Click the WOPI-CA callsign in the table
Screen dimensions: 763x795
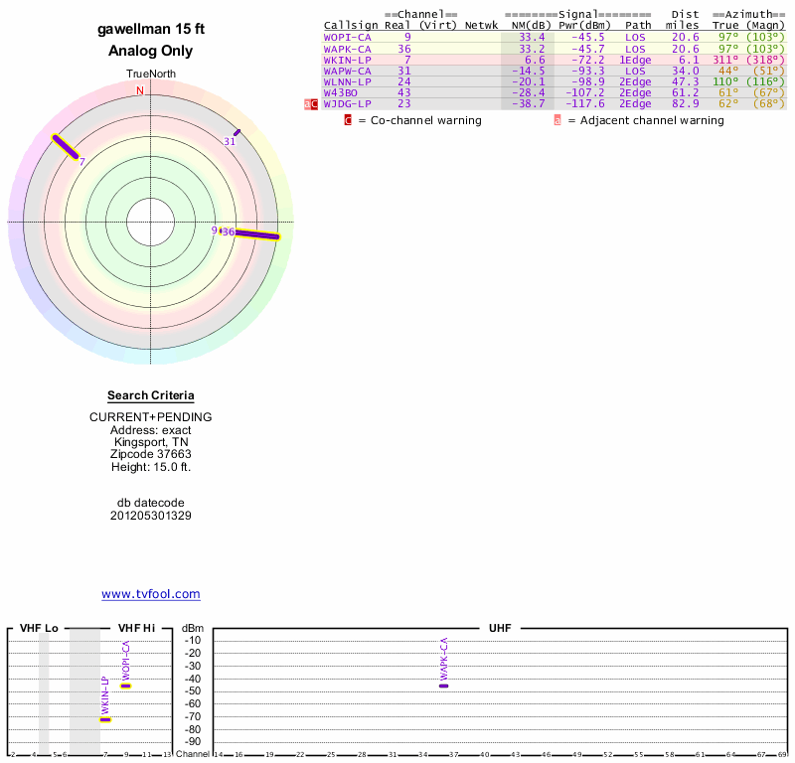pyautogui.click(x=347, y=37)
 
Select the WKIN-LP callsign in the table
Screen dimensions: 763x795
pyautogui.click(x=347, y=60)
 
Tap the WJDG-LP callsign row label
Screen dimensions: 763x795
pyautogui.click(x=347, y=103)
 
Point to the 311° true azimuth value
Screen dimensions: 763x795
pyautogui.click(x=726, y=60)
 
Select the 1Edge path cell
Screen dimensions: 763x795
pyautogui.click(x=635, y=60)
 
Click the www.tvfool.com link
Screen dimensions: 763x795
pyautogui.click(x=151, y=594)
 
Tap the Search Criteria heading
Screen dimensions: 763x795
pyautogui.click(x=151, y=395)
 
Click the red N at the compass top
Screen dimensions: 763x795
pyautogui.click(x=140, y=90)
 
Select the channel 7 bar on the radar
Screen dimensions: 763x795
pyautogui.click(x=66, y=146)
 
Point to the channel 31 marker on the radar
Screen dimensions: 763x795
pyautogui.click(x=237, y=132)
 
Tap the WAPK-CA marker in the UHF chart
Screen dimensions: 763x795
pyautogui.click(x=443, y=686)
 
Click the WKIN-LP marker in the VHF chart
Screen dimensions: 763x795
pyautogui.click(x=105, y=719)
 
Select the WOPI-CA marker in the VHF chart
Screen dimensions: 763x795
pyautogui.click(x=126, y=686)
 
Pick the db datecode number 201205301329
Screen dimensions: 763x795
pyautogui.click(x=151, y=516)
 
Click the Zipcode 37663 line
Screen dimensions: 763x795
pyautogui.click(x=151, y=454)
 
